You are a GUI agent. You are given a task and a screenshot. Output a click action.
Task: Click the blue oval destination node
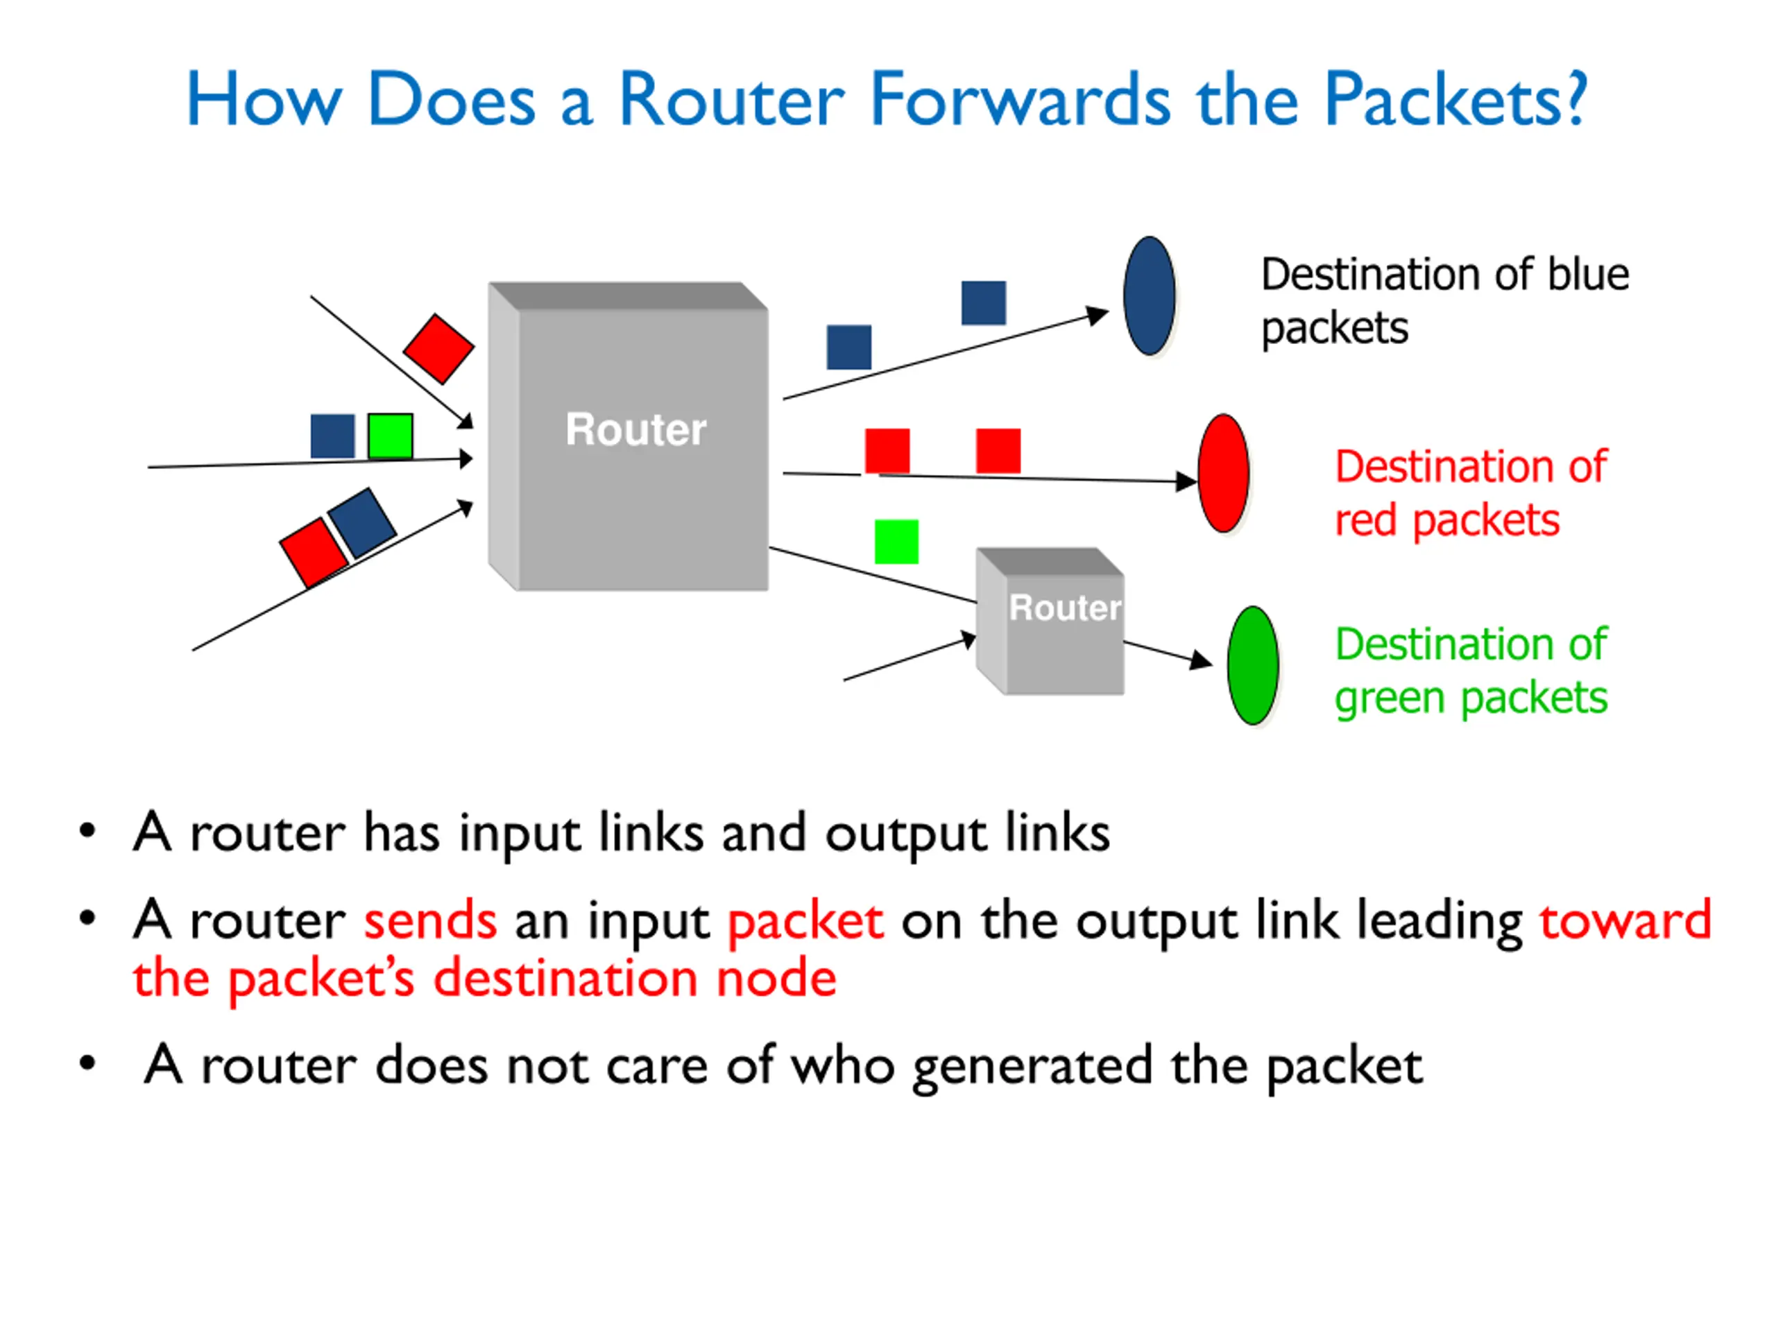[x=1149, y=295]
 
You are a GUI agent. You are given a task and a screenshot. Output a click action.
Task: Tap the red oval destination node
[x=1223, y=473]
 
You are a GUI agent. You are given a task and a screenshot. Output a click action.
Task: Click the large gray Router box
[x=628, y=436]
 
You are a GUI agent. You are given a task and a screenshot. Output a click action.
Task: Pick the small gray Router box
[x=1050, y=621]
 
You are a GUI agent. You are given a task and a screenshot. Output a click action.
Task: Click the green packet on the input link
[x=390, y=436]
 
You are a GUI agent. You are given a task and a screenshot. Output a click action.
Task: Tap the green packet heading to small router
[x=896, y=542]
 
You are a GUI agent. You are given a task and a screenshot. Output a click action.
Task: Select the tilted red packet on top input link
[x=438, y=348]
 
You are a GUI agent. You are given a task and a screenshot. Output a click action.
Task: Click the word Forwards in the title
[x=1021, y=100]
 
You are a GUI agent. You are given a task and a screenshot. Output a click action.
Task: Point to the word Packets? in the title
[x=1455, y=100]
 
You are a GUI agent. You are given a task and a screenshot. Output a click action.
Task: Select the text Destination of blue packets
[x=1444, y=301]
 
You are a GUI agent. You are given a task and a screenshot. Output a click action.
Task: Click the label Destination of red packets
[x=1471, y=493]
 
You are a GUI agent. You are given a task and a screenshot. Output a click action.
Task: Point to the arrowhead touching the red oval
[x=1187, y=481]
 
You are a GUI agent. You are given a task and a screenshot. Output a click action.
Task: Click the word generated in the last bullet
[x=1032, y=1067]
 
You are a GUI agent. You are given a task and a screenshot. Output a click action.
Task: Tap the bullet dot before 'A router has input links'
[x=87, y=831]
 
